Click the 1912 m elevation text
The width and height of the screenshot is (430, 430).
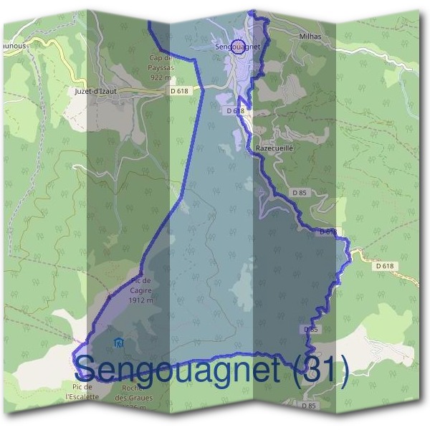[142, 301]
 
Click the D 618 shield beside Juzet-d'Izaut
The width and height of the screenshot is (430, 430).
[180, 91]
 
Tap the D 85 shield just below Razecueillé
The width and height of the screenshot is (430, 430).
[300, 192]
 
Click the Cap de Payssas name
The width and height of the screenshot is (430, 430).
[161, 62]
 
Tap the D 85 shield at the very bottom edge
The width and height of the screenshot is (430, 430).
[309, 406]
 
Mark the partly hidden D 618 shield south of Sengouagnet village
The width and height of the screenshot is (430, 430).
[236, 111]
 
